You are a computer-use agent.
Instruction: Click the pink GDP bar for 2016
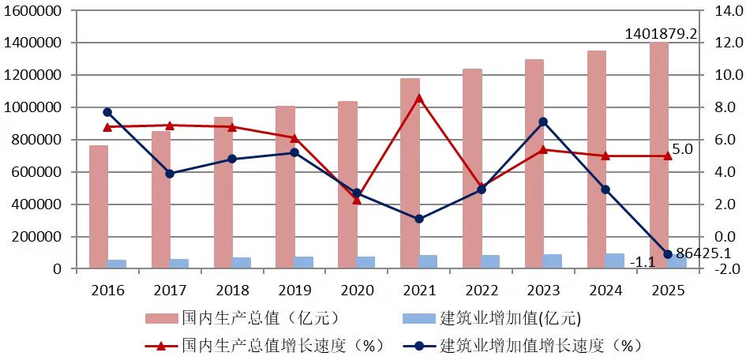(x=99, y=207)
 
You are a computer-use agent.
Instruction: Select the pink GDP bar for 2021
(x=410, y=174)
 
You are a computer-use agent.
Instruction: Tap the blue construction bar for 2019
(x=304, y=263)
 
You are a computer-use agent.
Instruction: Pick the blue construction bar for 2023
(x=553, y=261)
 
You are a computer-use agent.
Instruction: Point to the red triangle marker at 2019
(x=294, y=138)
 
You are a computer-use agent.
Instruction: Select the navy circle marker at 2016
(x=107, y=112)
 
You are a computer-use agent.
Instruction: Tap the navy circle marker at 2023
(x=543, y=122)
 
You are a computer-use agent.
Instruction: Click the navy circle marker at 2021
(x=418, y=219)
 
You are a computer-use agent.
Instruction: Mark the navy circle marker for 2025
(x=668, y=254)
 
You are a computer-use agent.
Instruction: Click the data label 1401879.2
(x=661, y=34)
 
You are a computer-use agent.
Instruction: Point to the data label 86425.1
(x=704, y=253)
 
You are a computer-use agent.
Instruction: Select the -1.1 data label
(x=643, y=262)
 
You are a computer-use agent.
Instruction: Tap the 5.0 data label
(x=683, y=149)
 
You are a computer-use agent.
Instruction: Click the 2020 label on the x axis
(x=356, y=290)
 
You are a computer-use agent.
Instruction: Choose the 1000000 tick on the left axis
(x=32, y=107)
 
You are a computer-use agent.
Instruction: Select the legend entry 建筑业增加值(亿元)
(x=490, y=318)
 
